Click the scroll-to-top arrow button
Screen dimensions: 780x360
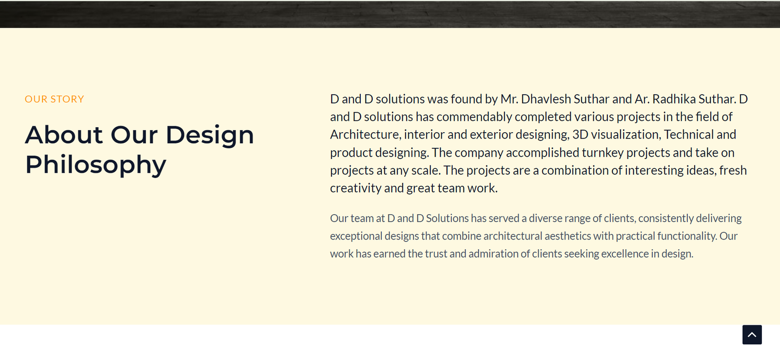pos(752,335)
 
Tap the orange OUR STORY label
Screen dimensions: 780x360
pos(54,100)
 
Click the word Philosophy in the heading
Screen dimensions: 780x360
pos(96,165)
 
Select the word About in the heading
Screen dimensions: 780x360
pos(64,135)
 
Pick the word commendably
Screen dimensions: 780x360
pos(474,117)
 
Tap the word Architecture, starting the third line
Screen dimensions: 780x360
pos(366,135)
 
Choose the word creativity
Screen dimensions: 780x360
pos(355,189)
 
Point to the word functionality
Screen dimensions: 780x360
pos(687,236)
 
